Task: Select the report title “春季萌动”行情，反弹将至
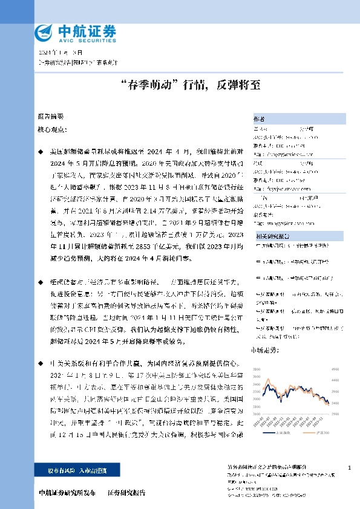coord(180,86)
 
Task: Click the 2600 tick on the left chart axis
coord(257,413)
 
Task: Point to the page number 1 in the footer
coord(350,468)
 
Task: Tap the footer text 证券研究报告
coord(126,493)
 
